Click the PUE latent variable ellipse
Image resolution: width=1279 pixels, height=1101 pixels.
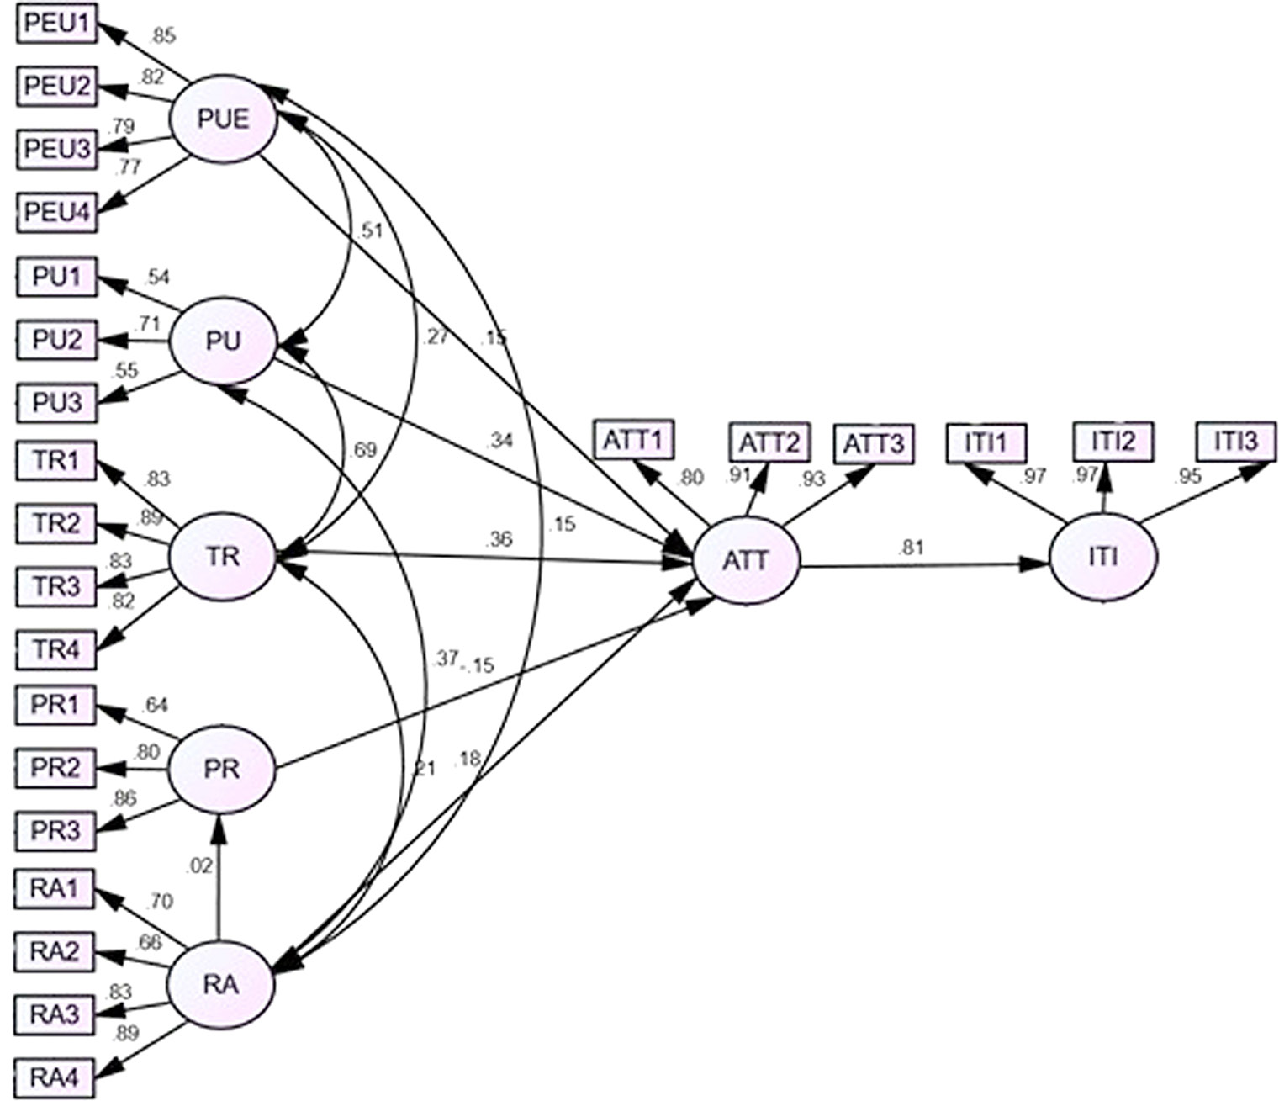click(x=224, y=119)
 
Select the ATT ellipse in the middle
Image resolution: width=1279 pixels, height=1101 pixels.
click(x=746, y=559)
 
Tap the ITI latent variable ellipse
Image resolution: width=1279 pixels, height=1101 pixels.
click(x=1102, y=557)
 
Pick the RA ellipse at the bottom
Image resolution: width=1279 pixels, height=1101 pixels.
click(x=221, y=985)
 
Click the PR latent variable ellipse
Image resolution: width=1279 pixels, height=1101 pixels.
click(x=221, y=769)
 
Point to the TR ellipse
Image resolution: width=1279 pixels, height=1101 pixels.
click(x=222, y=556)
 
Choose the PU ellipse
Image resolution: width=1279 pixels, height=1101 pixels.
click(x=223, y=341)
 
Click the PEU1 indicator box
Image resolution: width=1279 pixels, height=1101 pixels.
click(x=56, y=23)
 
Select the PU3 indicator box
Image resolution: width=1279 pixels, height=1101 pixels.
click(x=56, y=402)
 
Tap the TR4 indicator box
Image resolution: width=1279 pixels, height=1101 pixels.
click(x=56, y=649)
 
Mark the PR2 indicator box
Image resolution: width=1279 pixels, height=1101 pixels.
click(x=55, y=767)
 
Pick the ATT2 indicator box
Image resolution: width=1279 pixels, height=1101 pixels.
click(x=769, y=442)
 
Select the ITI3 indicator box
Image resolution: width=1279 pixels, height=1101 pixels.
click(x=1235, y=440)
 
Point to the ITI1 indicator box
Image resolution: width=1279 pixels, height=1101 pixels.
click(x=986, y=442)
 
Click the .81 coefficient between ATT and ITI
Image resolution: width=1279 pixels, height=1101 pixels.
click(x=912, y=548)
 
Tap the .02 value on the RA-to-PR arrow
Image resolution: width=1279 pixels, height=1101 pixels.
click(x=200, y=865)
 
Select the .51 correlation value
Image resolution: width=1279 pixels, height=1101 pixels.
click(x=370, y=230)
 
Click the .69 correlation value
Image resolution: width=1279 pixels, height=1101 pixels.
click(x=362, y=451)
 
